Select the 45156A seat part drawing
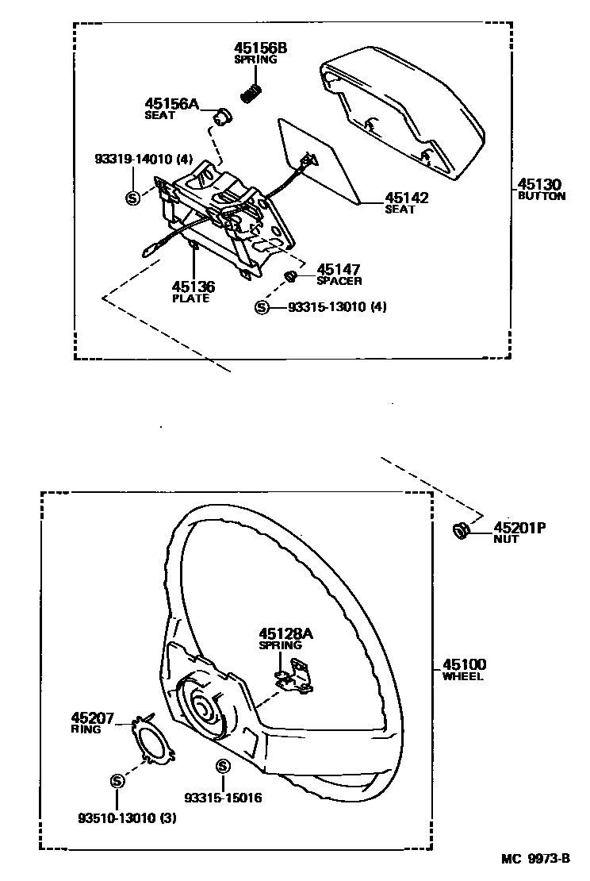pyautogui.click(x=222, y=117)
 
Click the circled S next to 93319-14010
pyautogui.click(x=132, y=196)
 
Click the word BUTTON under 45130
pyautogui.click(x=542, y=196)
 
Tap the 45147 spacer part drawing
pyautogui.click(x=291, y=276)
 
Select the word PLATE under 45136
pyautogui.click(x=191, y=298)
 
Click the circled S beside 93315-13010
pyautogui.click(x=262, y=307)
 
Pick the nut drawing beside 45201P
pyautogui.click(x=459, y=529)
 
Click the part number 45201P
pyautogui.click(x=521, y=527)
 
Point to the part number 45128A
pyautogui.click(x=286, y=633)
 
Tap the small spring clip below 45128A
pyautogui.click(x=292, y=675)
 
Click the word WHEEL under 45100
pyautogui.click(x=462, y=677)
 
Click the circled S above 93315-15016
pyautogui.click(x=222, y=766)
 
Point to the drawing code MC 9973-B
pyautogui.click(x=535, y=858)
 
